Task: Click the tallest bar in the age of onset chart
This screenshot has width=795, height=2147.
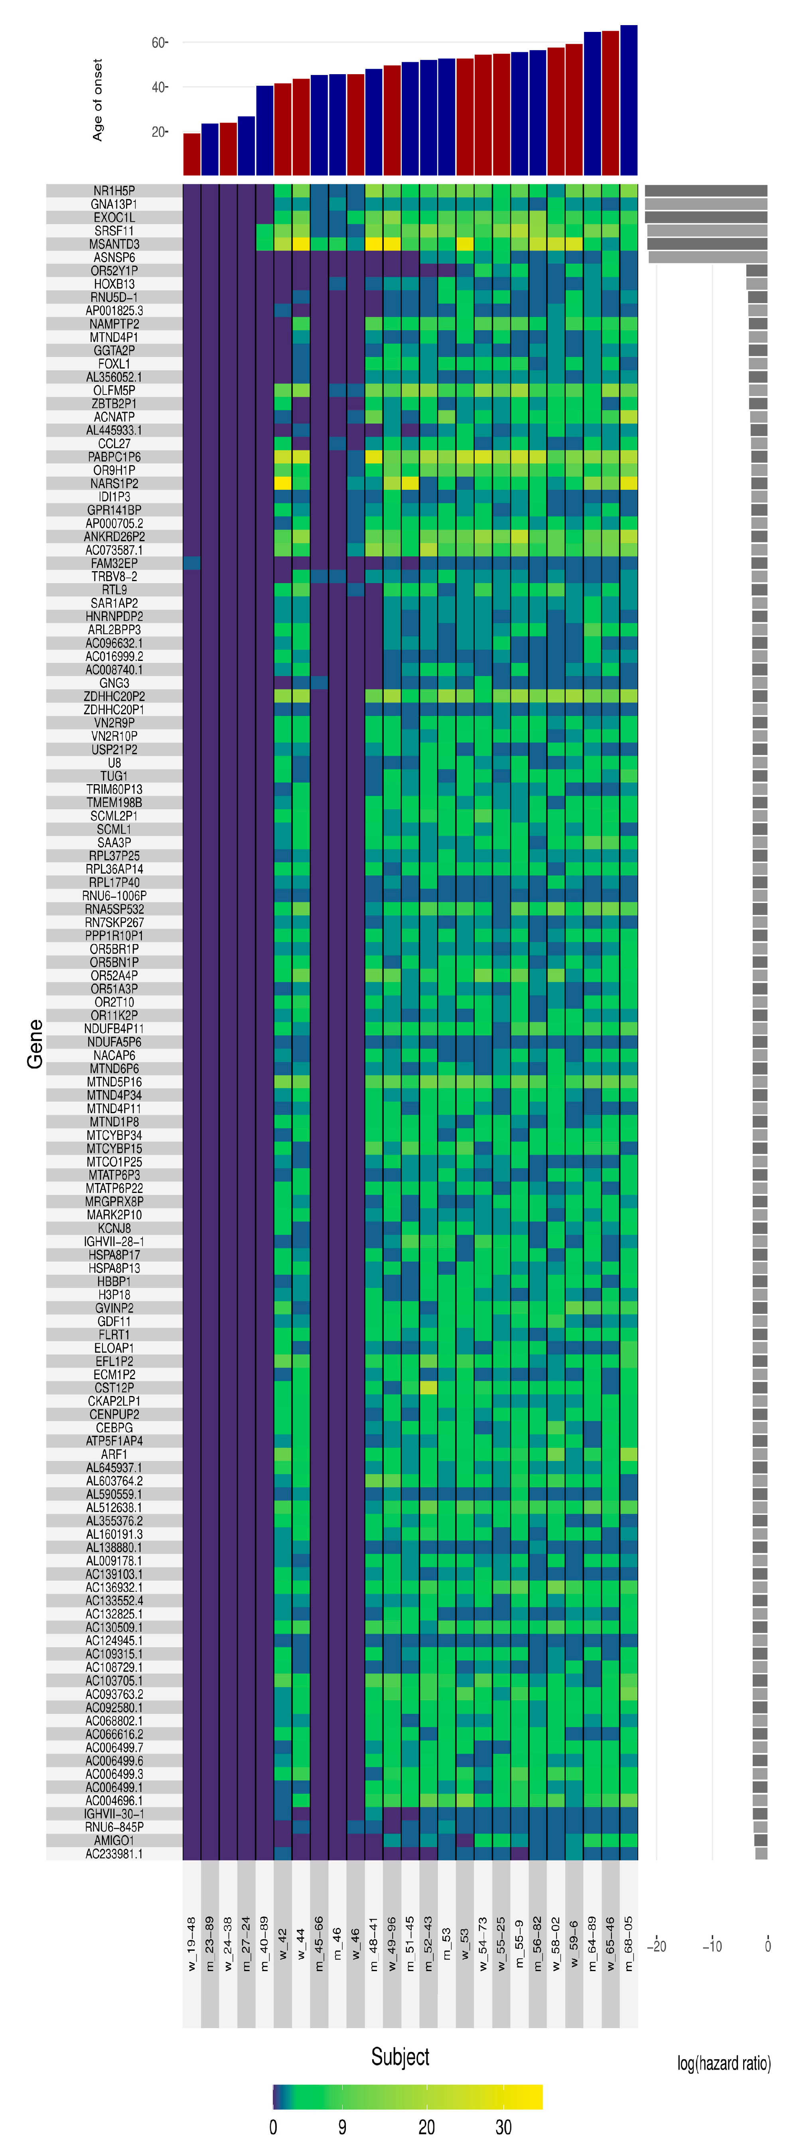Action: pos(628,100)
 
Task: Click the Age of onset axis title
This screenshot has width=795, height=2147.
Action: pos(97,100)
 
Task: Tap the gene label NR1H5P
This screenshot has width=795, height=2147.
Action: pos(114,191)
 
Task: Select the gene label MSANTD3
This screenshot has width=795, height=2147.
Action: pos(114,244)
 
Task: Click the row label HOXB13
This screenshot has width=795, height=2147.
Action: pos(114,284)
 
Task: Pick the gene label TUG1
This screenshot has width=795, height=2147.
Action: pos(114,776)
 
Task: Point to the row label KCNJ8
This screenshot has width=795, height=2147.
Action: pos(114,1228)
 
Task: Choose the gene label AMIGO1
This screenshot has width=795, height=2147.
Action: pos(114,1839)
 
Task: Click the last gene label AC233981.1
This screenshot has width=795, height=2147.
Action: pos(114,1853)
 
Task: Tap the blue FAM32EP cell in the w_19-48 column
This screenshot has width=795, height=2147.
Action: pos(191,564)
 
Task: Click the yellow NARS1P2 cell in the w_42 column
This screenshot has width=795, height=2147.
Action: pos(282,483)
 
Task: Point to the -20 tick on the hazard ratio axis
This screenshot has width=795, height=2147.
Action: pos(657,1946)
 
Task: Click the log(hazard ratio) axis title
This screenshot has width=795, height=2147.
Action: pos(723,2063)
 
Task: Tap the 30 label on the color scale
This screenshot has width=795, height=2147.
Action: pos(503,2126)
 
